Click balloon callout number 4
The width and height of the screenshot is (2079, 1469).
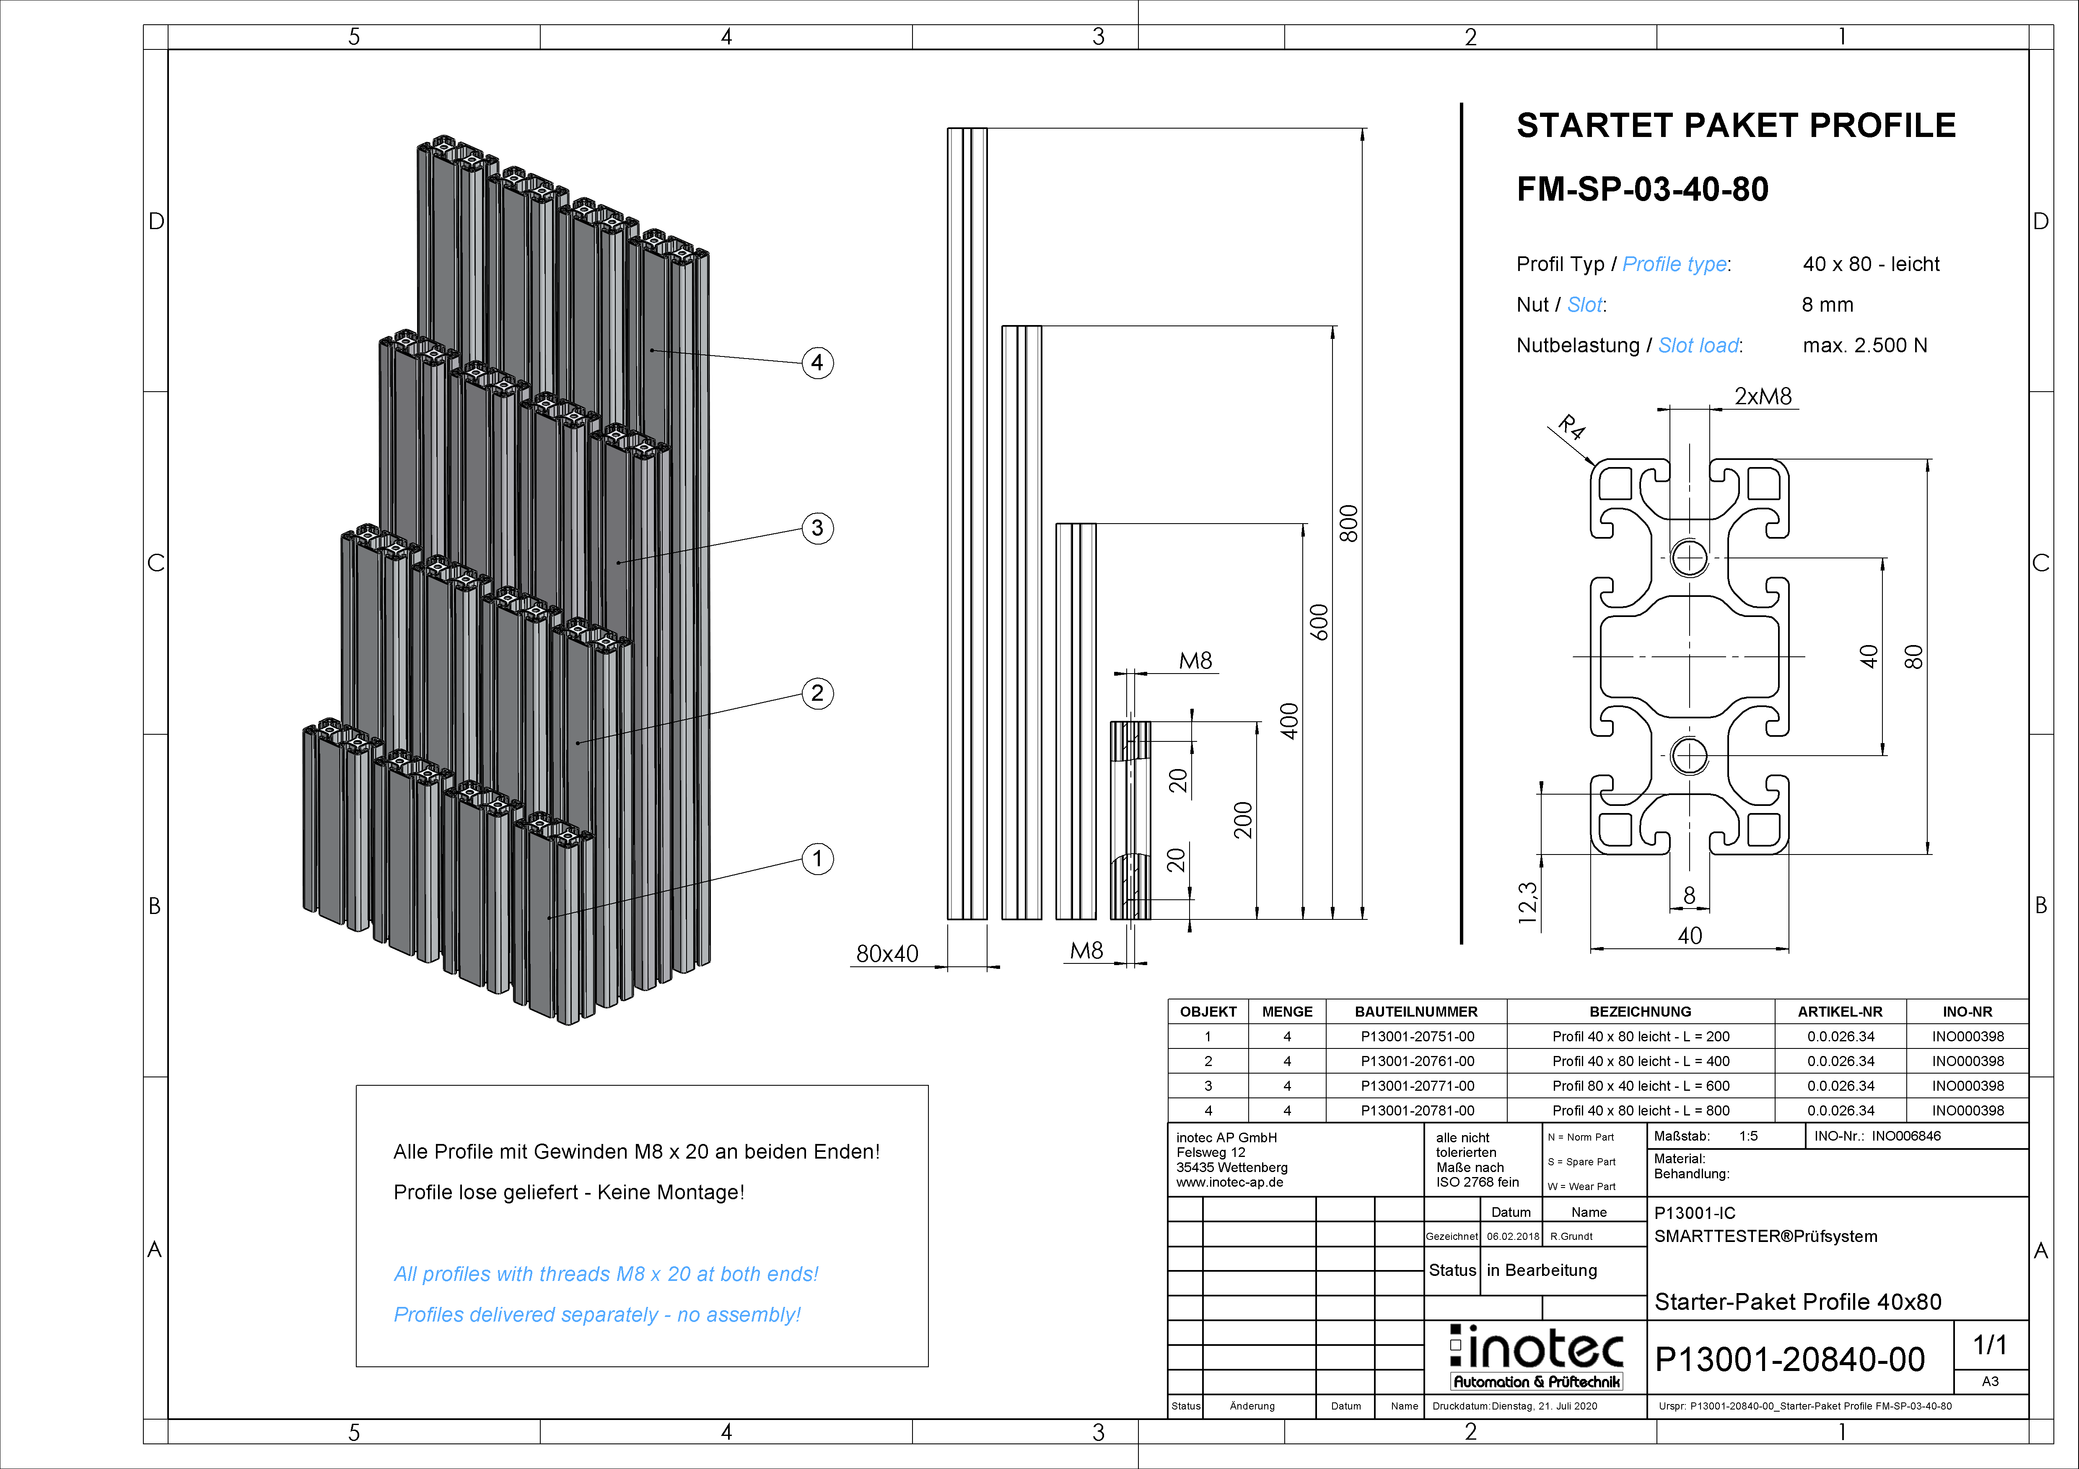(x=818, y=363)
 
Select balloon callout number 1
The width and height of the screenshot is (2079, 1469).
(x=818, y=859)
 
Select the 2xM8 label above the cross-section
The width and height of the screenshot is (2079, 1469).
(x=1762, y=396)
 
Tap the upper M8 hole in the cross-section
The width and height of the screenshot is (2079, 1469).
(x=1689, y=558)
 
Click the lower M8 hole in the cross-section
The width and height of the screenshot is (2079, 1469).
(x=1689, y=755)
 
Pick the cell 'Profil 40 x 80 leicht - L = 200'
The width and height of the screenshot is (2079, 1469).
(x=1640, y=1036)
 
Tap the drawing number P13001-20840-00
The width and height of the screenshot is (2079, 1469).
(x=1789, y=1360)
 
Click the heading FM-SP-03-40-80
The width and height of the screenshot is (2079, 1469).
(x=1642, y=189)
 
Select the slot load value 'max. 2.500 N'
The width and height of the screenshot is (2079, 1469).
(x=1864, y=346)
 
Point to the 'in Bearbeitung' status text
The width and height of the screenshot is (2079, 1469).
(x=1541, y=1270)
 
